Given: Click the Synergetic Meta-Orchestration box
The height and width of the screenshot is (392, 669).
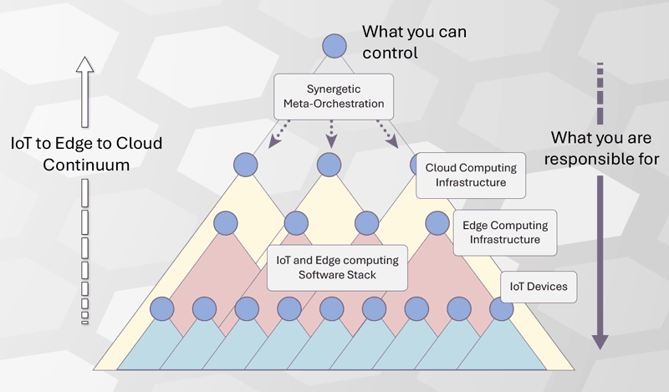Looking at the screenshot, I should [x=333, y=95].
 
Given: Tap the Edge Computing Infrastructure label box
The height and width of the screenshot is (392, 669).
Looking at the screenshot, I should [x=507, y=232].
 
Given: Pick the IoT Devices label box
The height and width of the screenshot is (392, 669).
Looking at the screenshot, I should [x=539, y=287].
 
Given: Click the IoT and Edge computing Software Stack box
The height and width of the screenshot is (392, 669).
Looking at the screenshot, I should [x=338, y=267].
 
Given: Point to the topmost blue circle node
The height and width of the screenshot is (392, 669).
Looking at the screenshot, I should [x=334, y=46].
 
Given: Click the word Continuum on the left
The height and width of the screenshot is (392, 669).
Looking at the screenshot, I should [x=87, y=165].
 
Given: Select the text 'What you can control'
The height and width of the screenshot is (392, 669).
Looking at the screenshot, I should [x=413, y=42].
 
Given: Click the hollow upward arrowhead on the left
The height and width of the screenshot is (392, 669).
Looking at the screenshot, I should [x=84, y=65].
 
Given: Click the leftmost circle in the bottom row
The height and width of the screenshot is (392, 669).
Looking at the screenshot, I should [x=162, y=309].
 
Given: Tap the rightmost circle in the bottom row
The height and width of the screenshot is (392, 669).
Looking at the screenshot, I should [x=501, y=309].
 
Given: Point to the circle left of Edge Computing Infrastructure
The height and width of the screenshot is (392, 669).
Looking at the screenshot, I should [x=437, y=223].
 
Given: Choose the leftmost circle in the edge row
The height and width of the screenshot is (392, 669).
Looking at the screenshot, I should [x=226, y=223].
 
